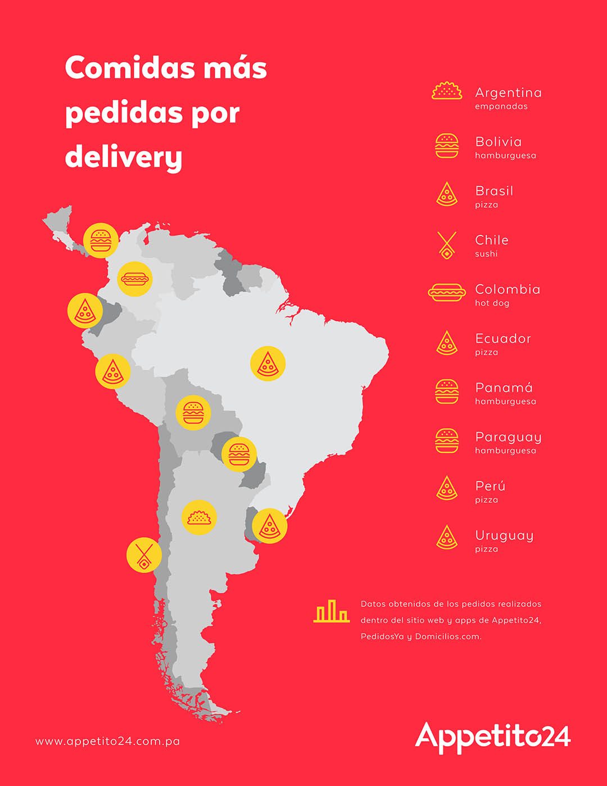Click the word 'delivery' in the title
coord(124,156)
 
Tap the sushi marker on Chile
coord(144,555)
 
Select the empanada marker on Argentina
coord(199,517)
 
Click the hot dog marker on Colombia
coord(135,278)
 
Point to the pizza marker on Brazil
coord(268,364)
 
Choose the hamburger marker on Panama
coord(101,240)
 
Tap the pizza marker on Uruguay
coord(270,525)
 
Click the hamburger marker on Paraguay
coord(239,454)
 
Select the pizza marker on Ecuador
coord(85,310)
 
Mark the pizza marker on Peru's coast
coord(113,371)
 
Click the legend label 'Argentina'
coord(508,93)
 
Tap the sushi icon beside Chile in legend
coord(447,246)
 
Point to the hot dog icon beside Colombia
coord(447,292)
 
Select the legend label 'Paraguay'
coord(508,437)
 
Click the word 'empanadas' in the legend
coord(501,107)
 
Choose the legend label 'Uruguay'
coord(504,535)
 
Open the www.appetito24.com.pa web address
coord(108,741)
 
